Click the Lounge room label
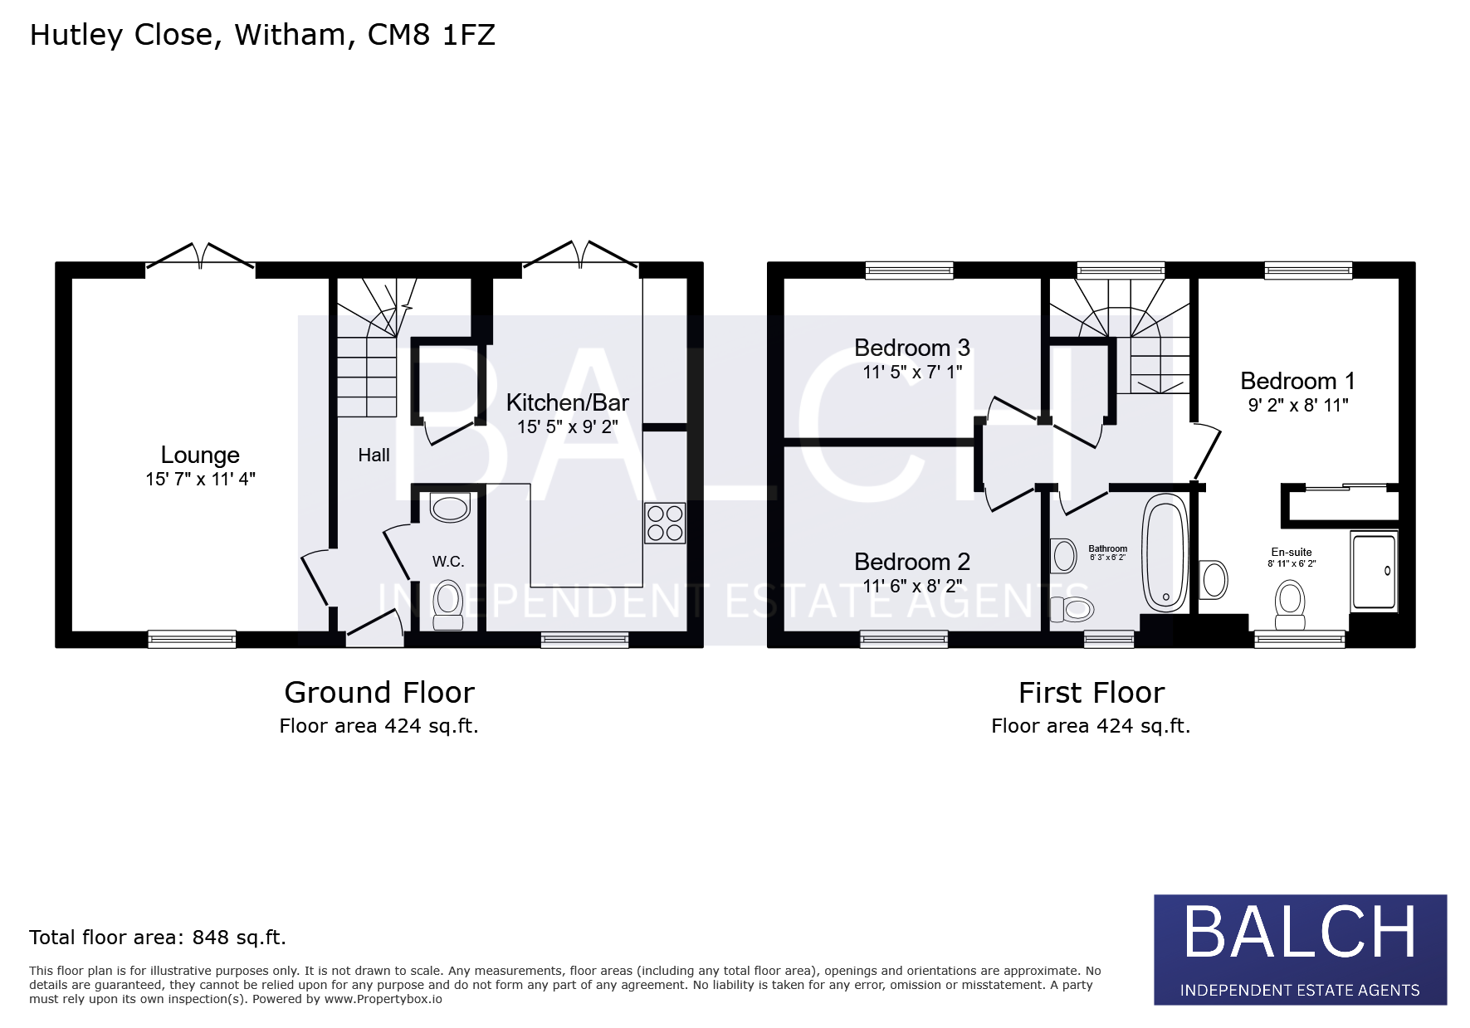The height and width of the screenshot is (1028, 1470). click(x=200, y=455)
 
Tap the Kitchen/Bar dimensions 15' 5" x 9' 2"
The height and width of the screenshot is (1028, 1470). click(x=568, y=427)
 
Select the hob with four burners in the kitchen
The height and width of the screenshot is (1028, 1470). click(x=665, y=523)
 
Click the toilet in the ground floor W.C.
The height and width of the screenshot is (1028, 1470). click(x=448, y=605)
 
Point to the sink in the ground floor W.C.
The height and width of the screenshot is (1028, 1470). click(x=450, y=508)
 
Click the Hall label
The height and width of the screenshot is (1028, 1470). click(x=374, y=455)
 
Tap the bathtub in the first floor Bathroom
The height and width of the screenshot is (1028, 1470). click(x=1165, y=552)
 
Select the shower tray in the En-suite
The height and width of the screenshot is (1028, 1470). click(x=1374, y=571)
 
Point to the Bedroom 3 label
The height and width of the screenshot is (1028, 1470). click(x=912, y=348)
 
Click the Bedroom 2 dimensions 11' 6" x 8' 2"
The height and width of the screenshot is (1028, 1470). click(x=912, y=586)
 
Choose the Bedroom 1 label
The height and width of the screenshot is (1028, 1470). click(x=1297, y=381)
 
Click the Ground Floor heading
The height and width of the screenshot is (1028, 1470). click(x=379, y=692)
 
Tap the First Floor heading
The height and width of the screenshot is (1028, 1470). click(x=1092, y=692)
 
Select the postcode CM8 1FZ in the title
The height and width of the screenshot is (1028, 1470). click(x=432, y=35)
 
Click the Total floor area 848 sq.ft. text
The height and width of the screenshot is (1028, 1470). click(x=158, y=938)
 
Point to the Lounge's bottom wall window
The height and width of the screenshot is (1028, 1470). click(x=192, y=639)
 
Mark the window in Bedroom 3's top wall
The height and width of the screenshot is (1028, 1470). click(x=910, y=270)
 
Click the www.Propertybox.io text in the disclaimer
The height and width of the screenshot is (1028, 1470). click(x=383, y=999)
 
